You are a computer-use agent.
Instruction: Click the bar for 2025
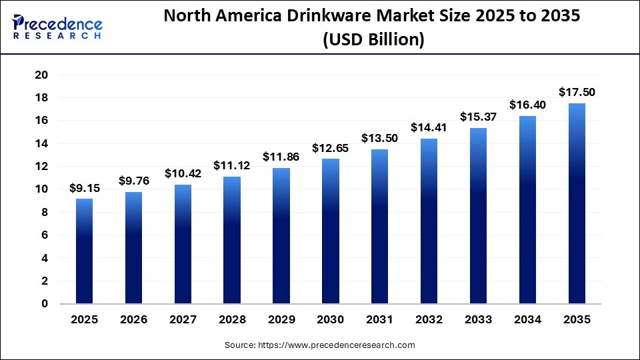(x=84, y=251)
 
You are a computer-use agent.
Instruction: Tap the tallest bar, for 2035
(x=576, y=203)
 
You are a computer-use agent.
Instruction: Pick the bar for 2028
(x=231, y=240)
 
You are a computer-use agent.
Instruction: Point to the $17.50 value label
(x=576, y=92)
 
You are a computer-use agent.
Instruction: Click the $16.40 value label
(x=527, y=105)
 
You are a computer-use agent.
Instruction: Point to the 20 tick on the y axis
(x=41, y=75)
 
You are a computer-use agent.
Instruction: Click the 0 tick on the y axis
(x=45, y=303)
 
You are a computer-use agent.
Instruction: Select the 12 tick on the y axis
(x=41, y=166)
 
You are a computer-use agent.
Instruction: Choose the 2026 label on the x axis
(x=133, y=320)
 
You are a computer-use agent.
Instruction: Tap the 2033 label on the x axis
(x=477, y=320)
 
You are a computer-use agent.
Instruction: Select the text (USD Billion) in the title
(x=373, y=40)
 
